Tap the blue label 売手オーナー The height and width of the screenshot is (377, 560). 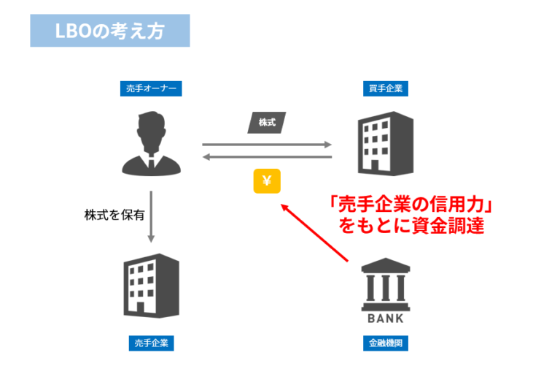[151, 89]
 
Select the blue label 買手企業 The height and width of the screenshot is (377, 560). [385, 89]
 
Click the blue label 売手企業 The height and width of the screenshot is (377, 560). [151, 343]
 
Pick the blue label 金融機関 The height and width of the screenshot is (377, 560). [385, 343]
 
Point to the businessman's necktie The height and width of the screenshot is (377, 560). [151, 162]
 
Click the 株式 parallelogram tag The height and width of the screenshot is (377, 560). [267, 122]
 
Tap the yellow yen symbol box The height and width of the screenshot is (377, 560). [267, 181]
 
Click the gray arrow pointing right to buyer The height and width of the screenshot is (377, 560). [267, 144]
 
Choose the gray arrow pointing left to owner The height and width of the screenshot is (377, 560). [267, 156]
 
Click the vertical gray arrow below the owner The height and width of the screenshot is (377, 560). [151, 216]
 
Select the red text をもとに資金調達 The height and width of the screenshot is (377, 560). [411, 226]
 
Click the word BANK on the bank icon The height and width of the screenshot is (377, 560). [385, 319]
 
